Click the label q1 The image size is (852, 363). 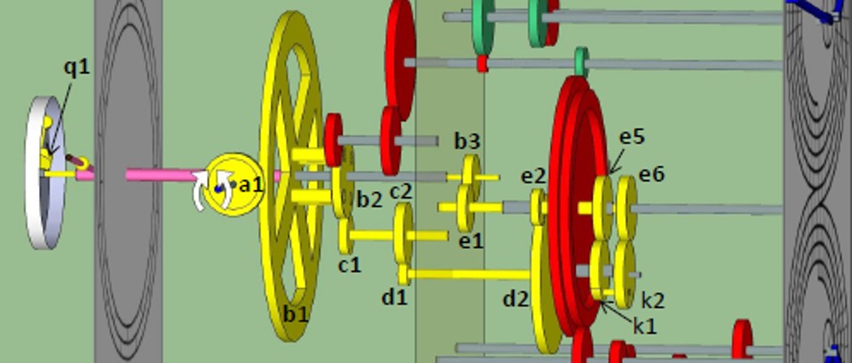pos(76,67)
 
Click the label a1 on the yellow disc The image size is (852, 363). pos(251,185)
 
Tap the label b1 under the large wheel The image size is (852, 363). pos(296,313)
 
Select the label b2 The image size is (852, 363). pos(370,200)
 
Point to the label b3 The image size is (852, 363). pos(467,141)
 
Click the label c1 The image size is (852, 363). pos(349,264)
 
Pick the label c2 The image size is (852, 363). pos(402,191)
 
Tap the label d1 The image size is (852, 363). pos(394,296)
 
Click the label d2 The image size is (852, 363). pos(516,298)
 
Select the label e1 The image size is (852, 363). pos(471,241)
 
